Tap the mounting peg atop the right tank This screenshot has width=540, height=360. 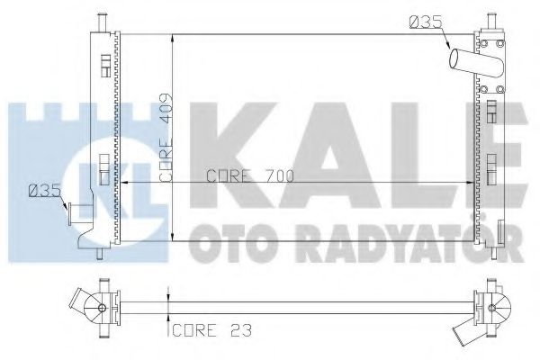(x=492, y=19)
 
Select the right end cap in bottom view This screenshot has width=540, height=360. (x=490, y=310)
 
